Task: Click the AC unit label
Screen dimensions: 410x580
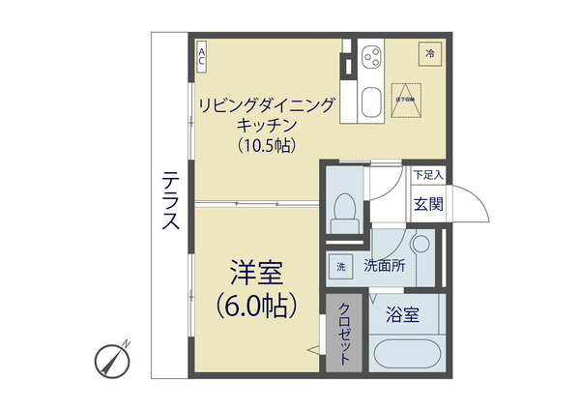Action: pos(202,56)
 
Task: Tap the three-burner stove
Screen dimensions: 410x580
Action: pos(370,60)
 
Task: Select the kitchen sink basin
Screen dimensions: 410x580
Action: pos(370,102)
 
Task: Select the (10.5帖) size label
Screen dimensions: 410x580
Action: pos(266,145)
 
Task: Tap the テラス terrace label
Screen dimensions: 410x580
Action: pos(171,200)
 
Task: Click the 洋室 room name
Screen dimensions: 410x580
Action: pos(257,268)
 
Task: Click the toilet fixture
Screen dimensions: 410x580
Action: pos(343,212)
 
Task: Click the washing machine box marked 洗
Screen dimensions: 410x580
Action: pos(340,267)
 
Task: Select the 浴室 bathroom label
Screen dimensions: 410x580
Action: pos(402,314)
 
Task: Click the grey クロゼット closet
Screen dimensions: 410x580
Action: pos(344,333)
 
